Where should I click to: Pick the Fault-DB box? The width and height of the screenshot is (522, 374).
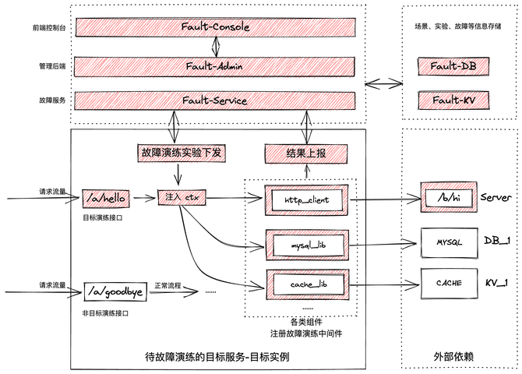(453, 66)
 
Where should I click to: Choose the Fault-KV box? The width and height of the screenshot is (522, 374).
(453, 101)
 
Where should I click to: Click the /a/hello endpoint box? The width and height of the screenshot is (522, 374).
(104, 198)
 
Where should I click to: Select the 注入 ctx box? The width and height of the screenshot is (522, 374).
(180, 198)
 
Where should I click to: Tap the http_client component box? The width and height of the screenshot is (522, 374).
(306, 199)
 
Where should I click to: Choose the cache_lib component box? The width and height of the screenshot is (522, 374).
(306, 284)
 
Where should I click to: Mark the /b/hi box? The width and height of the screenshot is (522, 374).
(447, 198)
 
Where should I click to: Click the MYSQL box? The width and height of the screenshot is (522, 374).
(449, 242)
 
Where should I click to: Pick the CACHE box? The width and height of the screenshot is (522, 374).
(449, 283)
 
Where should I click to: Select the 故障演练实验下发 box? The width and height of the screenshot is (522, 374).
(182, 153)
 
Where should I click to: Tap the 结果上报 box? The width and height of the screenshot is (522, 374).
(306, 153)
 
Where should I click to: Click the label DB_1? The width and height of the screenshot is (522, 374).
(497, 242)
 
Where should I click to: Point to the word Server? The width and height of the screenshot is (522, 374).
(496, 198)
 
